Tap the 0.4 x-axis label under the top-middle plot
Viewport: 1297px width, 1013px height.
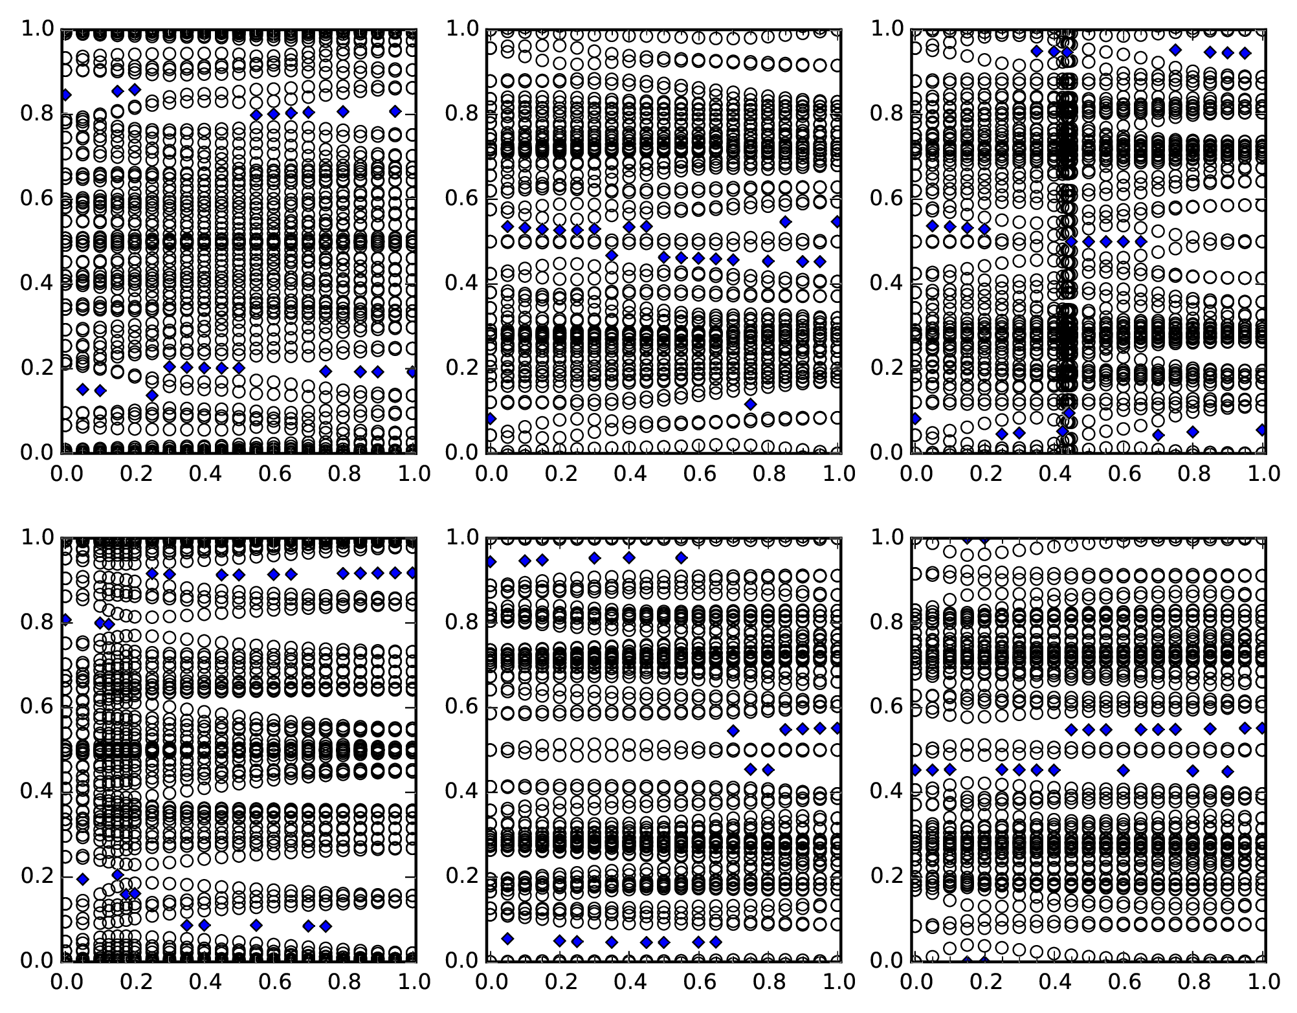click(628, 474)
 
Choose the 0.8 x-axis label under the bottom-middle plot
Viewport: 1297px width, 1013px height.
click(767, 982)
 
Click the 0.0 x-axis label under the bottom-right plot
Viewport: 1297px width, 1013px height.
click(913, 982)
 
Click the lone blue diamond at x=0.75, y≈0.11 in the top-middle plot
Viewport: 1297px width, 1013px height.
click(750, 404)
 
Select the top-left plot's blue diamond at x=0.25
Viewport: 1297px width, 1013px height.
click(152, 395)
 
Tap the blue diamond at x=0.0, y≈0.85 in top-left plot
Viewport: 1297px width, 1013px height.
click(65, 95)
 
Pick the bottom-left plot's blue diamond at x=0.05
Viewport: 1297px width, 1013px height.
click(82, 878)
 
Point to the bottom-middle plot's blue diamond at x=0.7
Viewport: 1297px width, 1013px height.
click(733, 731)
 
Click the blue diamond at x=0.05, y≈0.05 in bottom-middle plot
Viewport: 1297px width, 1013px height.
click(507, 938)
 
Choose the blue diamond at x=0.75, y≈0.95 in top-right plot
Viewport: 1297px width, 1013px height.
click(1175, 50)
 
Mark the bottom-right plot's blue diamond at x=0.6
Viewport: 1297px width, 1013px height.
click(1123, 770)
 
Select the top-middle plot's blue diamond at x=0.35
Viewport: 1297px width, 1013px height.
click(612, 255)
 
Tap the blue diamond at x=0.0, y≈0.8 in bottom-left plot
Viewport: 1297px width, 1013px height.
click(65, 619)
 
